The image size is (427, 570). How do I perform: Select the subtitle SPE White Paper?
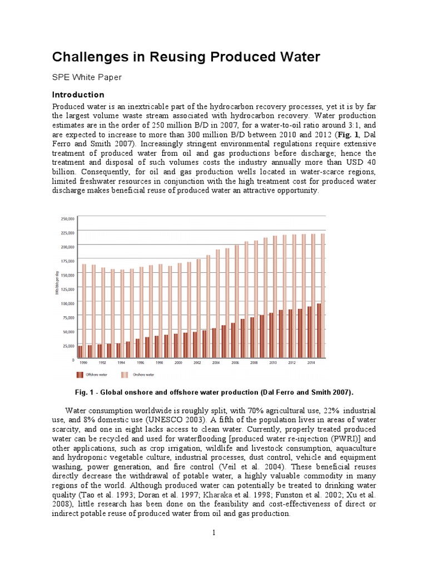click(x=86, y=77)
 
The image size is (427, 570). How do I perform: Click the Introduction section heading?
click(x=78, y=95)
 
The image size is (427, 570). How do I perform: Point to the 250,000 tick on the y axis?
click(x=67, y=219)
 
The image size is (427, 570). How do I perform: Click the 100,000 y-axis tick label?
click(x=67, y=303)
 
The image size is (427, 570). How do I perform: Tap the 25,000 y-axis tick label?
click(x=68, y=346)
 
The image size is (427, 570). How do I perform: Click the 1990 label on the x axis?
click(x=83, y=362)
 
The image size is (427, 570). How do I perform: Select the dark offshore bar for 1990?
click(x=80, y=352)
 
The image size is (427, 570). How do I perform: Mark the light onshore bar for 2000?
click(x=179, y=311)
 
